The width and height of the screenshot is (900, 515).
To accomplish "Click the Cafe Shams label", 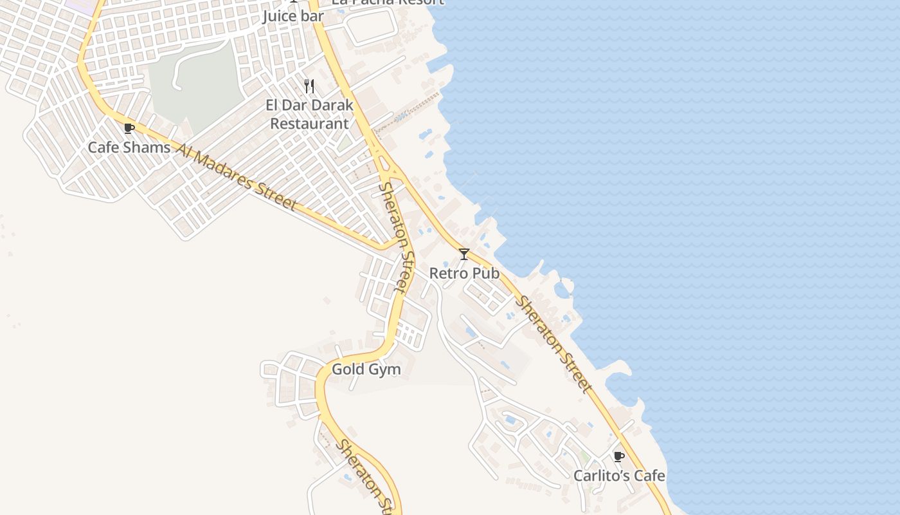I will [129, 147].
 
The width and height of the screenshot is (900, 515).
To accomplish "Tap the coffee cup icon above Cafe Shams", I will [129, 128].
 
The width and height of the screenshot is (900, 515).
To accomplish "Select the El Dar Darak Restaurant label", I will [309, 114].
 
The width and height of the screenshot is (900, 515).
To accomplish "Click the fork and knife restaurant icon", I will [309, 86].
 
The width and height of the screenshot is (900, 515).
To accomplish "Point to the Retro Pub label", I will [464, 273].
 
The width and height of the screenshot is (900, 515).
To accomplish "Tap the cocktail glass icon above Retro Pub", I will [464, 254].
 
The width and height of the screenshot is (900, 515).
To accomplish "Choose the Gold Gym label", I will [366, 370].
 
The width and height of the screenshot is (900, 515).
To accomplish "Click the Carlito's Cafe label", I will [619, 476].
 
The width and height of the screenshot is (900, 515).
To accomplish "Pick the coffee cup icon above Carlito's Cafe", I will [619, 456].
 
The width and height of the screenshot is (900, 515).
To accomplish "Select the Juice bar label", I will [293, 16].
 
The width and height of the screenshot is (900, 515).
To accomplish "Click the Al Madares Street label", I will [236, 178].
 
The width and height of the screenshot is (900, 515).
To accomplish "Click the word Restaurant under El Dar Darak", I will [309, 124].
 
